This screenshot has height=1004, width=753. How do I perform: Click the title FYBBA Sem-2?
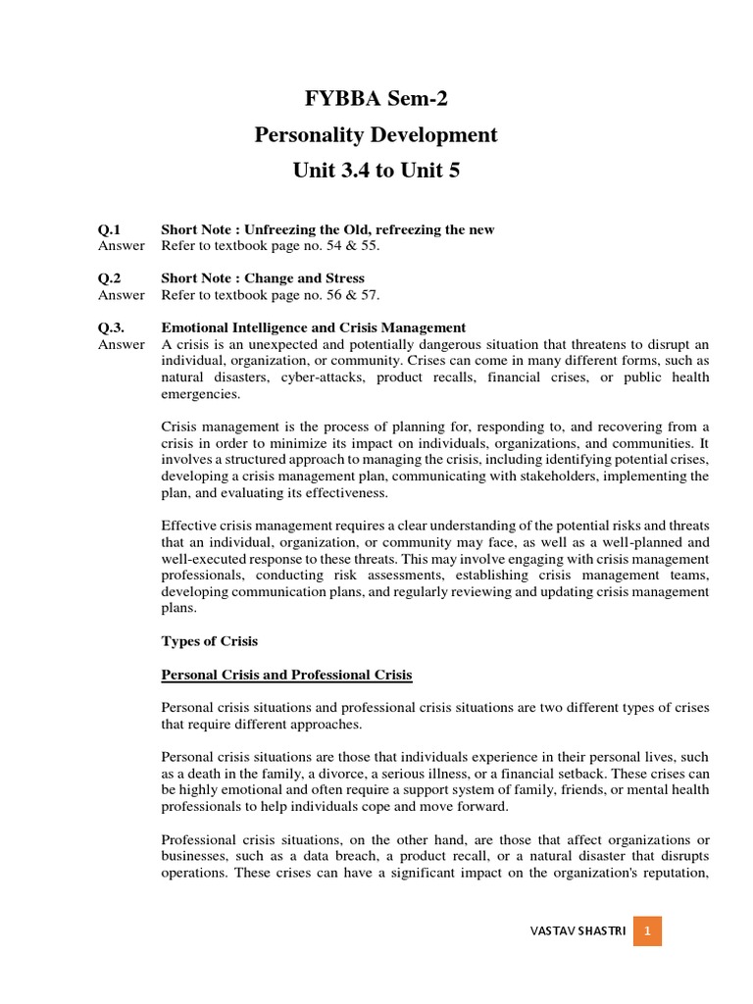tap(376, 99)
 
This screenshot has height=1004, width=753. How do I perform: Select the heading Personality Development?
tap(376, 135)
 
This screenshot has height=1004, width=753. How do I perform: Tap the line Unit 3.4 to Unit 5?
tap(376, 171)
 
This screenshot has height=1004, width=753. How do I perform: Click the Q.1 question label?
tap(108, 229)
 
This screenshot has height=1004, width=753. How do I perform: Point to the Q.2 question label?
tap(108, 278)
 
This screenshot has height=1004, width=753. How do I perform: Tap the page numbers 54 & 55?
tap(344, 246)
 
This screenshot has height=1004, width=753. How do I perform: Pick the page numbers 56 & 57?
tap(344, 295)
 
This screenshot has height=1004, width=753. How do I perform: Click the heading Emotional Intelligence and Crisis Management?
tap(313, 327)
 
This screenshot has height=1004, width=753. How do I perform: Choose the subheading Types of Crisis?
tap(209, 641)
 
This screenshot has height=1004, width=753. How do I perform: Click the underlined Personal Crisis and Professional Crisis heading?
tap(286, 676)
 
